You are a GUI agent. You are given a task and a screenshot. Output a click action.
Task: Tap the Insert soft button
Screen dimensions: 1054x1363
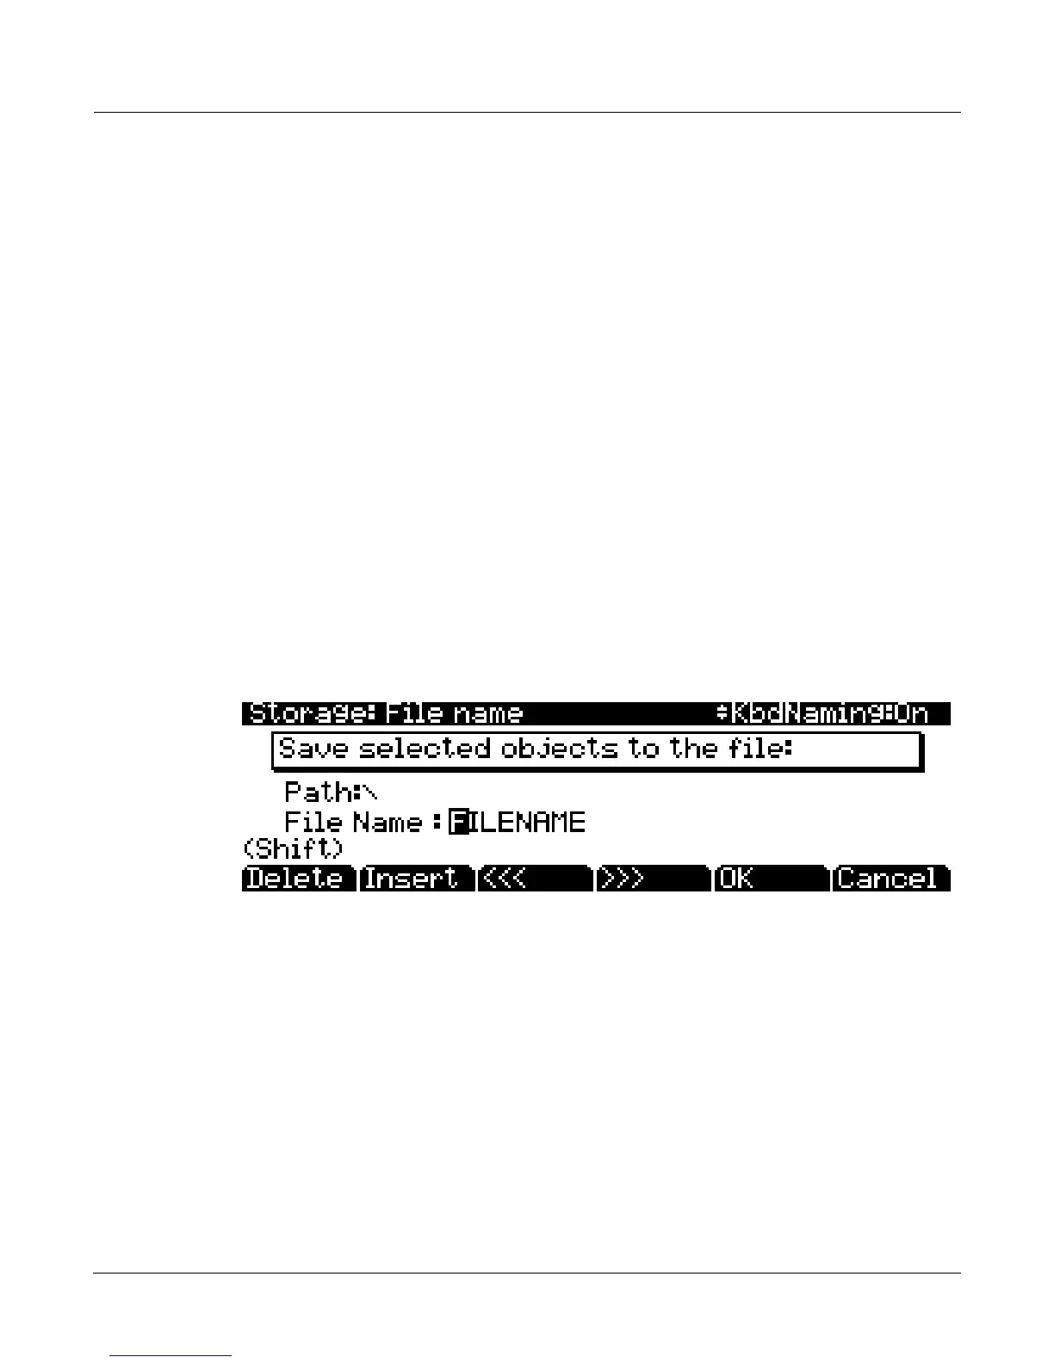point(416,879)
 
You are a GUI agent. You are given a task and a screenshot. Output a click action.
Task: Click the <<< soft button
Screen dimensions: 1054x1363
point(534,879)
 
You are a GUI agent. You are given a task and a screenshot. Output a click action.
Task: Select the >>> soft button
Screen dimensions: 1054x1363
point(652,879)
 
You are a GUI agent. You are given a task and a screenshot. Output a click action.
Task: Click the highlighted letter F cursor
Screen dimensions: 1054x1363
point(460,823)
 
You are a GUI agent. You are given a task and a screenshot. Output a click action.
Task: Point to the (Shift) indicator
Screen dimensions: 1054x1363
point(294,849)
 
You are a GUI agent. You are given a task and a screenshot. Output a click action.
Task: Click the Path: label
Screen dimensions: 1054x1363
point(318,792)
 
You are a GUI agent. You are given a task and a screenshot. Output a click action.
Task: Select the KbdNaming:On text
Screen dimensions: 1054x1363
point(829,714)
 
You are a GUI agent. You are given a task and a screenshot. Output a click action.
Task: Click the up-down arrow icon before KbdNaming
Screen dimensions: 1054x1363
point(722,714)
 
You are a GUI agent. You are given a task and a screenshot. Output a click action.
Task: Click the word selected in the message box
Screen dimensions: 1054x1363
point(424,749)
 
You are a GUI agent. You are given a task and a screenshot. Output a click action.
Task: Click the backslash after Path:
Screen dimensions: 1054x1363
point(370,792)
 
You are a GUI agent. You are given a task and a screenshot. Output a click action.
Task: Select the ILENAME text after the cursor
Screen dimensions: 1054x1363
point(528,823)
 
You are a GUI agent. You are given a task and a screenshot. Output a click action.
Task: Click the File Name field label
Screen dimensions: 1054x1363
point(353,823)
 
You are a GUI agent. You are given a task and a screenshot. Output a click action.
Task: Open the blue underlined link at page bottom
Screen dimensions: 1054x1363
point(170,1355)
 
